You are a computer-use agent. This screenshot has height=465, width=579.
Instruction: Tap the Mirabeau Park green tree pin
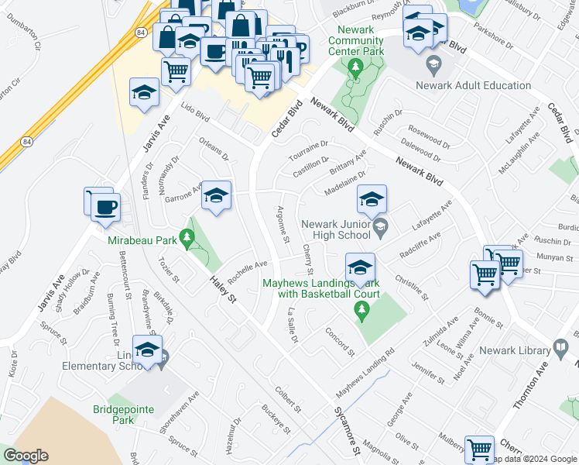(187, 238)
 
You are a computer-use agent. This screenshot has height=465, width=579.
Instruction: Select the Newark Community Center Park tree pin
(355, 67)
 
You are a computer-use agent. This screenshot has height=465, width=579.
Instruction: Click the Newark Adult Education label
(473, 85)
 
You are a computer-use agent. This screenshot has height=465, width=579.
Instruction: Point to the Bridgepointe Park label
(125, 415)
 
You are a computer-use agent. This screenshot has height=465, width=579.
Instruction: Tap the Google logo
(26, 456)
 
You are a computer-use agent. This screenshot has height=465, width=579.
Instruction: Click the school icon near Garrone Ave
(217, 195)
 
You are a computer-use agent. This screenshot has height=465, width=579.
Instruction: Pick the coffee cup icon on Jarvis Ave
(105, 206)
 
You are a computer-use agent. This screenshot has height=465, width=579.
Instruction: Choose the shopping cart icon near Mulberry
(479, 449)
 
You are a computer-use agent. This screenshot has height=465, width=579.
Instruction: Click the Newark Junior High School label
(335, 229)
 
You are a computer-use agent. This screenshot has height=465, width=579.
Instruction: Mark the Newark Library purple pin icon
(560, 350)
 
